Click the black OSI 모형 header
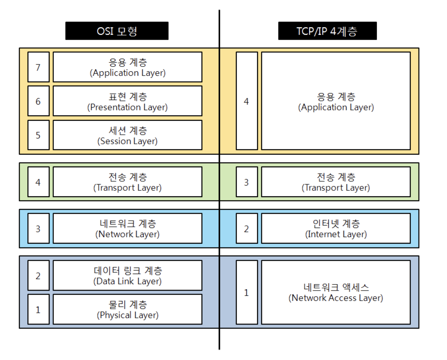pyautogui.click(x=117, y=31)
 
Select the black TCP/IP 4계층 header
pyautogui.click(x=327, y=31)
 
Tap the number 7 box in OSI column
pyautogui.click(x=39, y=67)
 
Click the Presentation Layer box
pyautogui.click(x=127, y=101)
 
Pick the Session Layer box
pyautogui.click(x=127, y=135)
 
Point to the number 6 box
pyautogui.click(x=39, y=101)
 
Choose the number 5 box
pyautogui.click(x=39, y=135)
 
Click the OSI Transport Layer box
pyautogui.click(x=127, y=182)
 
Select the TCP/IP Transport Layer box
pyautogui.click(x=336, y=182)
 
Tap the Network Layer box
pyautogui.click(x=127, y=228)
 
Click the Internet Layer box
pyautogui.click(x=336, y=228)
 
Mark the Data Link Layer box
pyautogui.click(x=127, y=275)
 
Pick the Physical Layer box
pyautogui.click(x=127, y=309)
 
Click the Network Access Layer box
pyautogui.click(x=336, y=292)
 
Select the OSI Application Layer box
pyautogui.click(x=127, y=67)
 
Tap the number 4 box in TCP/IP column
pyautogui.click(x=247, y=101)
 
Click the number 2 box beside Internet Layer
pyautogui.click(x=247, y=228)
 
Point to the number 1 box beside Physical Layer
pyautogui.click(x=39, y=309)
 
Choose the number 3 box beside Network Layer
pyautogui.click(x=39, y=228)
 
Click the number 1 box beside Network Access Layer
pyautogui.click(x=247, y=292)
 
